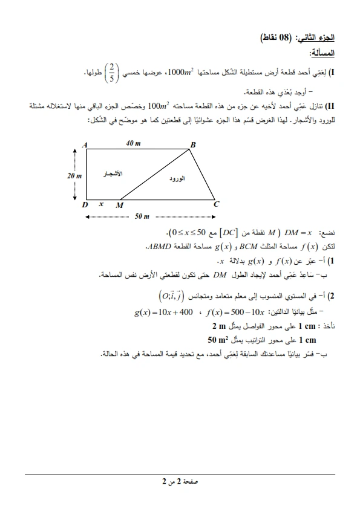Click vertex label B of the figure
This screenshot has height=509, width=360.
click(194, 144)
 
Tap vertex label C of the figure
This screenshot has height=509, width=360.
click(215, 205)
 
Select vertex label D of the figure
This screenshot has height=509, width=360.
click(85, 205)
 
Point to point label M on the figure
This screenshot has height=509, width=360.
click(119, 206)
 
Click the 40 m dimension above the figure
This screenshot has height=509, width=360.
click(133, 143)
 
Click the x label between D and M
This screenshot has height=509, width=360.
click(101, 204)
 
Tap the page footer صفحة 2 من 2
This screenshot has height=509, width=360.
click(180, 482)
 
